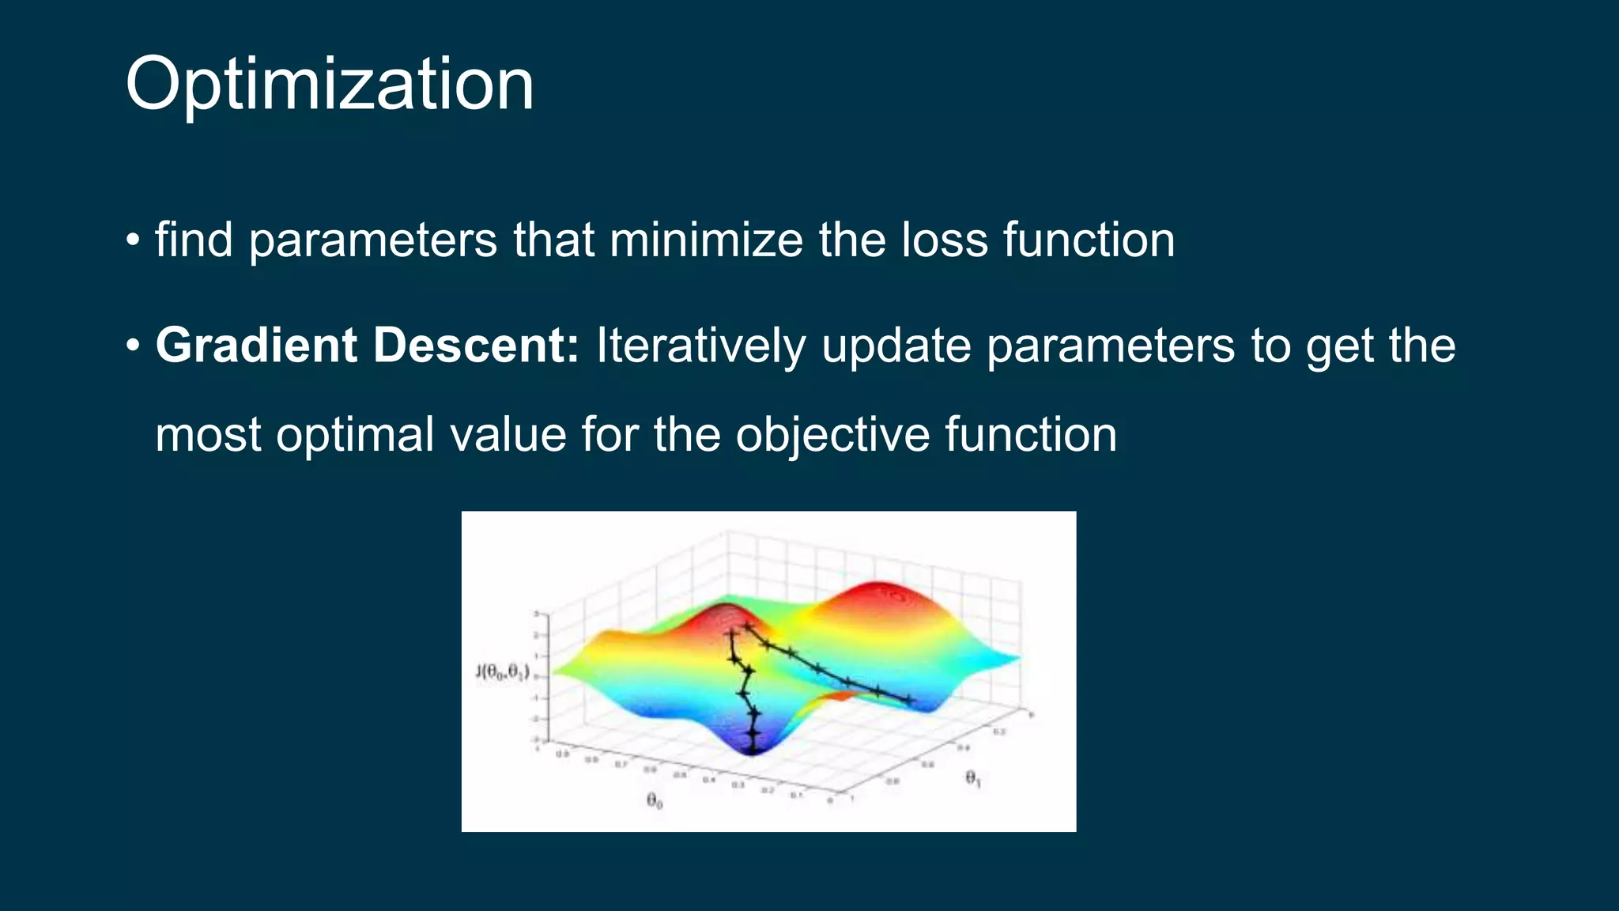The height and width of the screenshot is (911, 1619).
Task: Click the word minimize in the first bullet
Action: [x=705, y=240]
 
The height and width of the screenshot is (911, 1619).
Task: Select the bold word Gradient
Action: [x=256, y=346]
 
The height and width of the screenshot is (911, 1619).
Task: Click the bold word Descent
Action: [x=475, y=346]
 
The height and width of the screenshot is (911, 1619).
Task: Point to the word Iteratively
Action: [x=700, y=346]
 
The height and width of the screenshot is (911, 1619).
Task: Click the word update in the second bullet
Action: [x=896, y=346]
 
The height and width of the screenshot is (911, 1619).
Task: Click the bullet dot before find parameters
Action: [x=133, y=240]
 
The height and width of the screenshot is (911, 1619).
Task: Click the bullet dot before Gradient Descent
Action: [x=133, y=346]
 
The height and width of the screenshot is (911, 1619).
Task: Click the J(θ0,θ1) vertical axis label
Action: [x=502, y=672]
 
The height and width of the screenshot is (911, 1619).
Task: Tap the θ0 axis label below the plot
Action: [x=655, y=801]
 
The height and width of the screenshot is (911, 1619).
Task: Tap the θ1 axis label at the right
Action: [x=973, y=779]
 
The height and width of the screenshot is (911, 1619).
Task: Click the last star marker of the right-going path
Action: [x=909, y=699]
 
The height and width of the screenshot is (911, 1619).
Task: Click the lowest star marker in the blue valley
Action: [x=753, y=747]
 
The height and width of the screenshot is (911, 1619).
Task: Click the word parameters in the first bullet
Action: [x=372, y=240]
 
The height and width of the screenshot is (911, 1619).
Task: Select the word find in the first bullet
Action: [x=194, y=240]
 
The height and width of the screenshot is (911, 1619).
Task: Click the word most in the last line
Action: [x=208, y=435]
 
